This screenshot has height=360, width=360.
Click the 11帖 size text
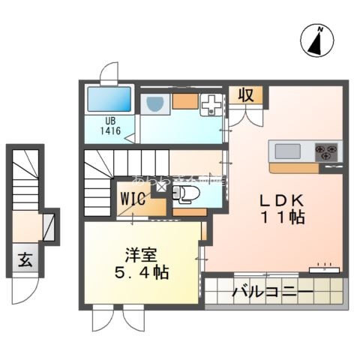click(x=281, y=219)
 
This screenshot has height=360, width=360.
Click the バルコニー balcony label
click(x=272, y=292)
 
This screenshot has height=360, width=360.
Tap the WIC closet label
click(x=133, y=200)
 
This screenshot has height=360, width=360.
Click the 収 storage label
click(x=245, y=95)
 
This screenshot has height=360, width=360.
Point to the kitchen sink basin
click(x=286, y=151)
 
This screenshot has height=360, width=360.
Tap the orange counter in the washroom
click(x=184, y=100)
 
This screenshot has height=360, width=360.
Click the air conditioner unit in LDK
click(x=324, y=267)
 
